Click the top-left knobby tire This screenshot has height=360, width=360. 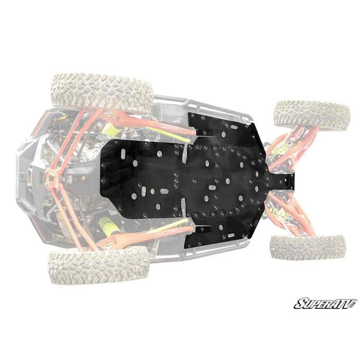click(102, 93)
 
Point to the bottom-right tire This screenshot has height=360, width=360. click(308, 247)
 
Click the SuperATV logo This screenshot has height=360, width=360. click(326, 304)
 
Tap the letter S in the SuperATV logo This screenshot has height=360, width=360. click(301, 304)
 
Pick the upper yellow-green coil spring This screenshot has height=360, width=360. click(110, 130)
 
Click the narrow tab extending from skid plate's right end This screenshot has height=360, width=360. click(281, 182)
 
